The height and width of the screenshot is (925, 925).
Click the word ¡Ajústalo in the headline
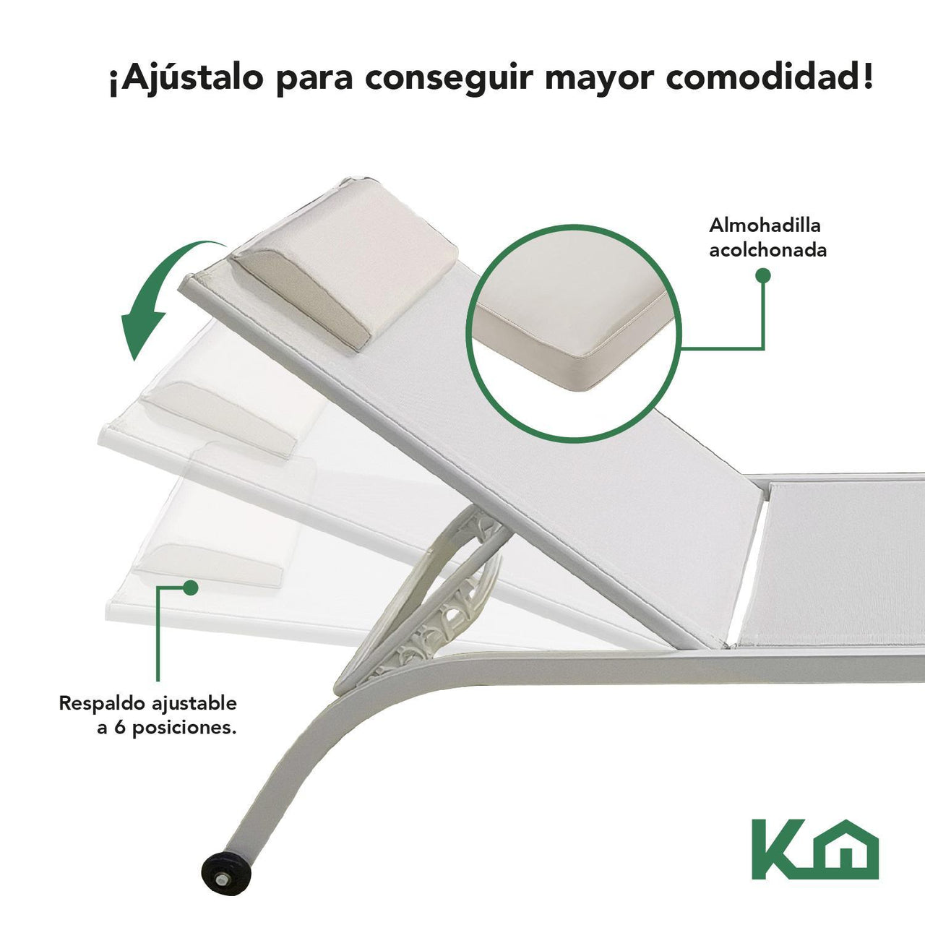click(x=186, y=79)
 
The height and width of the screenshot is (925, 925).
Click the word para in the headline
click(x=314, y=82)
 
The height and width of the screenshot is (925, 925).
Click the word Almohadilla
click(x=765, y=225)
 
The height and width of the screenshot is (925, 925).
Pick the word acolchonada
click(x=768, y=250)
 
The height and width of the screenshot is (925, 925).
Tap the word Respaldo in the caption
click(x=102, y=704)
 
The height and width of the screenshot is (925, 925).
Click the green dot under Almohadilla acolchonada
click(x=762, y=275)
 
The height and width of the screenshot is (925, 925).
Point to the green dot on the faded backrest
click(x=191, y=587)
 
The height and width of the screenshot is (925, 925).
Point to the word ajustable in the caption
click(x=194, y=705)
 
